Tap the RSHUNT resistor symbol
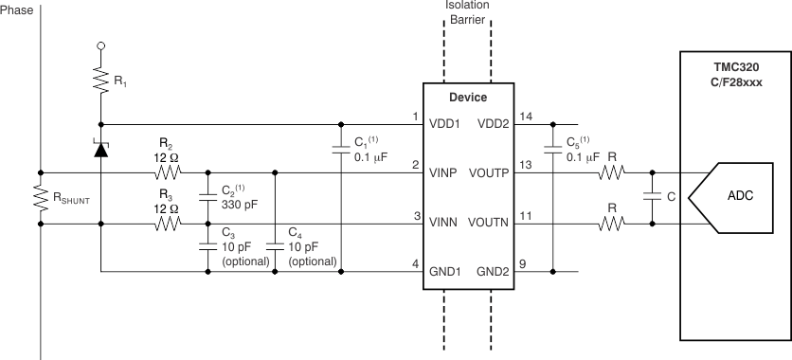41,199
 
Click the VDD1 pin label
446,124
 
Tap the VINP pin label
445,173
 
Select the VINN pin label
445,224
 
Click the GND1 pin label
446,272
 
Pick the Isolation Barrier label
467,11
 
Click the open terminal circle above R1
101,44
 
